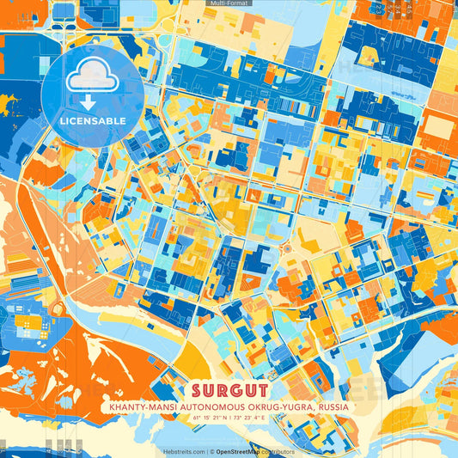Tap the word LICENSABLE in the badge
tap(93, 120)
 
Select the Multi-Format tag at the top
tap(229, 3)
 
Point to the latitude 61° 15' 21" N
tap(206, 418)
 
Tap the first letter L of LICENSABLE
tap(63, 120)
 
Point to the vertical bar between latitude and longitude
tap(229, 418)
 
